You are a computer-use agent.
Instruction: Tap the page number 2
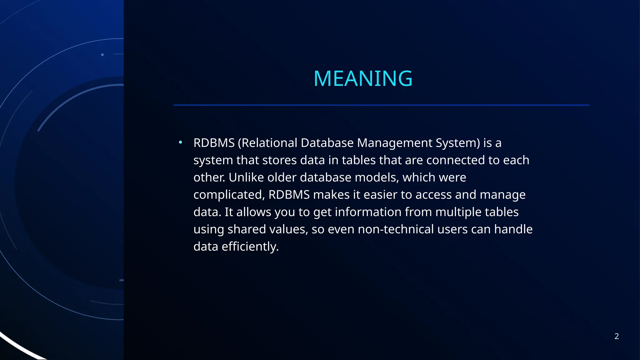coord(617,336)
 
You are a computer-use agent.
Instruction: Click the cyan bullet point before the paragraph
coord(180,142)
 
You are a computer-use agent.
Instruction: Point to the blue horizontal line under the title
coord(381,105)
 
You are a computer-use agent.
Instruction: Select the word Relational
coord(269,143)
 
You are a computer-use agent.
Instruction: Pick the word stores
coord(279,160)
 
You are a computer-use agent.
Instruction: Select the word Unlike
coord(246,177)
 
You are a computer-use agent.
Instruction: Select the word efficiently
coord(250,247)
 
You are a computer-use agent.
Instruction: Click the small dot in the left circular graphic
coord(102,55)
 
